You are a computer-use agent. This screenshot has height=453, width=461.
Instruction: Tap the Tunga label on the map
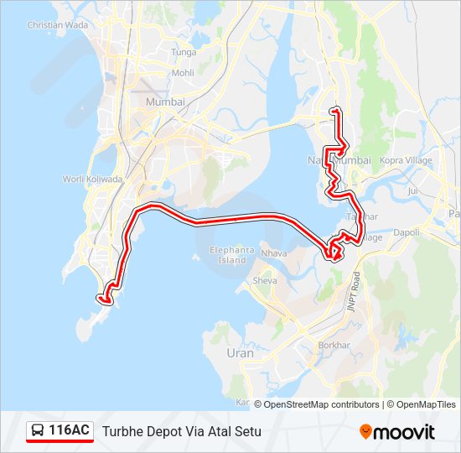click(x=184, y=52)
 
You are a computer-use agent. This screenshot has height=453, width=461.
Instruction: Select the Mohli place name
click(x=183, y=73)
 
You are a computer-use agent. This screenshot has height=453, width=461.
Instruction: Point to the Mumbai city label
click(x=164, y=102)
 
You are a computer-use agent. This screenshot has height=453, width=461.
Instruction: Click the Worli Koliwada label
click(x=93, y=180)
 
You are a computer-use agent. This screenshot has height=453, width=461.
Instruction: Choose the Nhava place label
click(x=274, y=253)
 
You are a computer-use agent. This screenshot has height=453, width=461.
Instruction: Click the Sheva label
click(x=264, y=281)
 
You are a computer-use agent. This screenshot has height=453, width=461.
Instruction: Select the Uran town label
click(x=240, y=353)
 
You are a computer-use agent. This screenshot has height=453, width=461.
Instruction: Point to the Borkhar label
click(x=334, y=345)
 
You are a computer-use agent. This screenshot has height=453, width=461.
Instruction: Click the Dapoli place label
click(x=406, y=232)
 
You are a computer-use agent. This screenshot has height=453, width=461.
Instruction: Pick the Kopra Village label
click(x=406, y=160)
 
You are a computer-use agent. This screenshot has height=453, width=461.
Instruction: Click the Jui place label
click(x=412, y=191)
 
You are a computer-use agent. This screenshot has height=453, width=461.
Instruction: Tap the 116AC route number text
click(x=70, y=430)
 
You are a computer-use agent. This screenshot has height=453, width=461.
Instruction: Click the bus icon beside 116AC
click(x=38, y=431)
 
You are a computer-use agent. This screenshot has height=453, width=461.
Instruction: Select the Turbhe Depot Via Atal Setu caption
click(x=182, y=432)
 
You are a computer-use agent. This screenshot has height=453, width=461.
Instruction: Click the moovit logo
click(x=397, y=432)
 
